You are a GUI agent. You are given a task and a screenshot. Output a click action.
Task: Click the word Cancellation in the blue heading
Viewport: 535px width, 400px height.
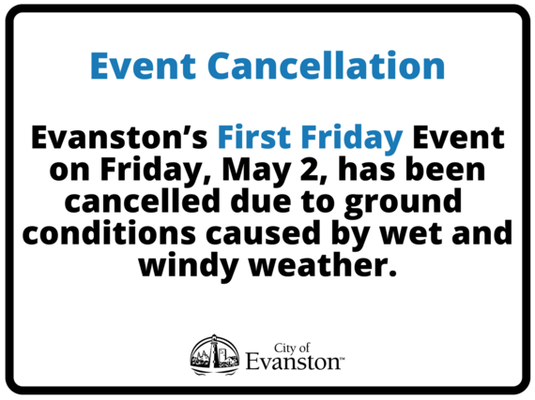[327, 67]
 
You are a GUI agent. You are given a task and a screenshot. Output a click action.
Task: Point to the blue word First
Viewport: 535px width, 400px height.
[252, 139]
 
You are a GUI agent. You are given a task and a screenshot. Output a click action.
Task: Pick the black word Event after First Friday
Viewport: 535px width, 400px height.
[459, 139]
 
